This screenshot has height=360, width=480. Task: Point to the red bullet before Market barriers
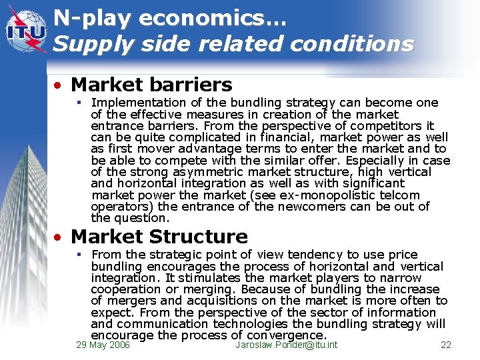tap(59, 85)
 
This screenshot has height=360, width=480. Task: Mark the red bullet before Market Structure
tap(59, 237)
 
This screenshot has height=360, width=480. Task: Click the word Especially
tap(371, 161)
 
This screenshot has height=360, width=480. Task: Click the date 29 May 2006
tap(103, 345)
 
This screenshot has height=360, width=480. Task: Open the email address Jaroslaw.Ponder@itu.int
tap(287, 345)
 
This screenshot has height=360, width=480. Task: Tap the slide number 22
tap(446, 345)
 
